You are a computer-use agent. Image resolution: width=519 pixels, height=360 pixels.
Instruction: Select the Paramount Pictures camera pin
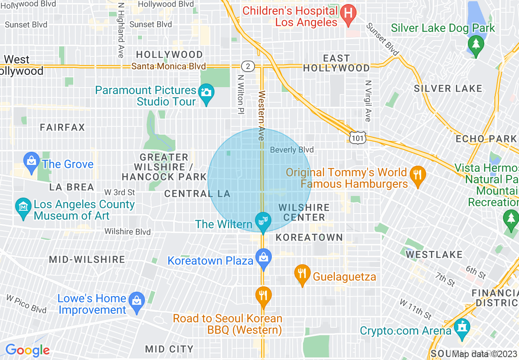point(206,92)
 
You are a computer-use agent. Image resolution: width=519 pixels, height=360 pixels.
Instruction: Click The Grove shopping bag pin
point(32,160)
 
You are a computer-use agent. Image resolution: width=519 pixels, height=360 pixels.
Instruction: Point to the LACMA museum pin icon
point(23,207)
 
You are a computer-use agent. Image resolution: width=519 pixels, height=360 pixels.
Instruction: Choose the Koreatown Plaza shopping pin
point(264,258)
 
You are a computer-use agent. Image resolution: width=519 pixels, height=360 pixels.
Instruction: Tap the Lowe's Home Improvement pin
point(136,301)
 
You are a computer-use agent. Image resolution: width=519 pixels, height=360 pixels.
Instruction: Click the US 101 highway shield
point(357,138)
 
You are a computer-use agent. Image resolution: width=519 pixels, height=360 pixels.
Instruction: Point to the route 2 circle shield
point(247,66)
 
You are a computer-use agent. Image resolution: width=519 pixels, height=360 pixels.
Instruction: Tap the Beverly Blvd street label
point(292,150)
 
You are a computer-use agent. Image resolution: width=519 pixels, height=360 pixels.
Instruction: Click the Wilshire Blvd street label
point(127,232)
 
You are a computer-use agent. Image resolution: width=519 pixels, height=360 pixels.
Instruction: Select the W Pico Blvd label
point(26,304)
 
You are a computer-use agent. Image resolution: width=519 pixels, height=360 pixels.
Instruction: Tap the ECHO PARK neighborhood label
point(486,139)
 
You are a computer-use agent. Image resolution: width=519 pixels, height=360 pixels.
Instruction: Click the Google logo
point(27,350)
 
